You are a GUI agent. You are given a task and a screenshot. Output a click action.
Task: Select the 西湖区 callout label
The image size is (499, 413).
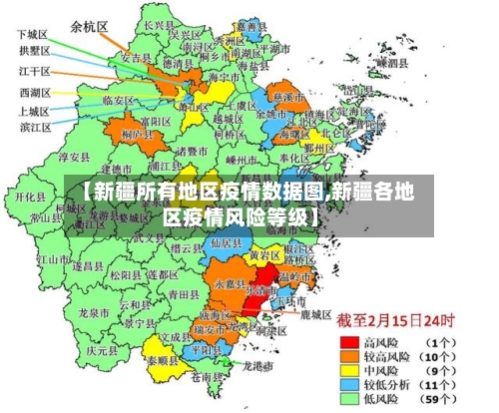click(x=33, y=92)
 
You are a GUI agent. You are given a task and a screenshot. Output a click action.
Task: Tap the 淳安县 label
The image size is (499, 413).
click(x=75, y=157)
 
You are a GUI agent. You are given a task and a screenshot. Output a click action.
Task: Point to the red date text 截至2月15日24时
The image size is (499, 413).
click(x=395, y=321)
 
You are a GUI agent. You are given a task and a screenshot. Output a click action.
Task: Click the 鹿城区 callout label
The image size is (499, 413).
click(x=315, y=314)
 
